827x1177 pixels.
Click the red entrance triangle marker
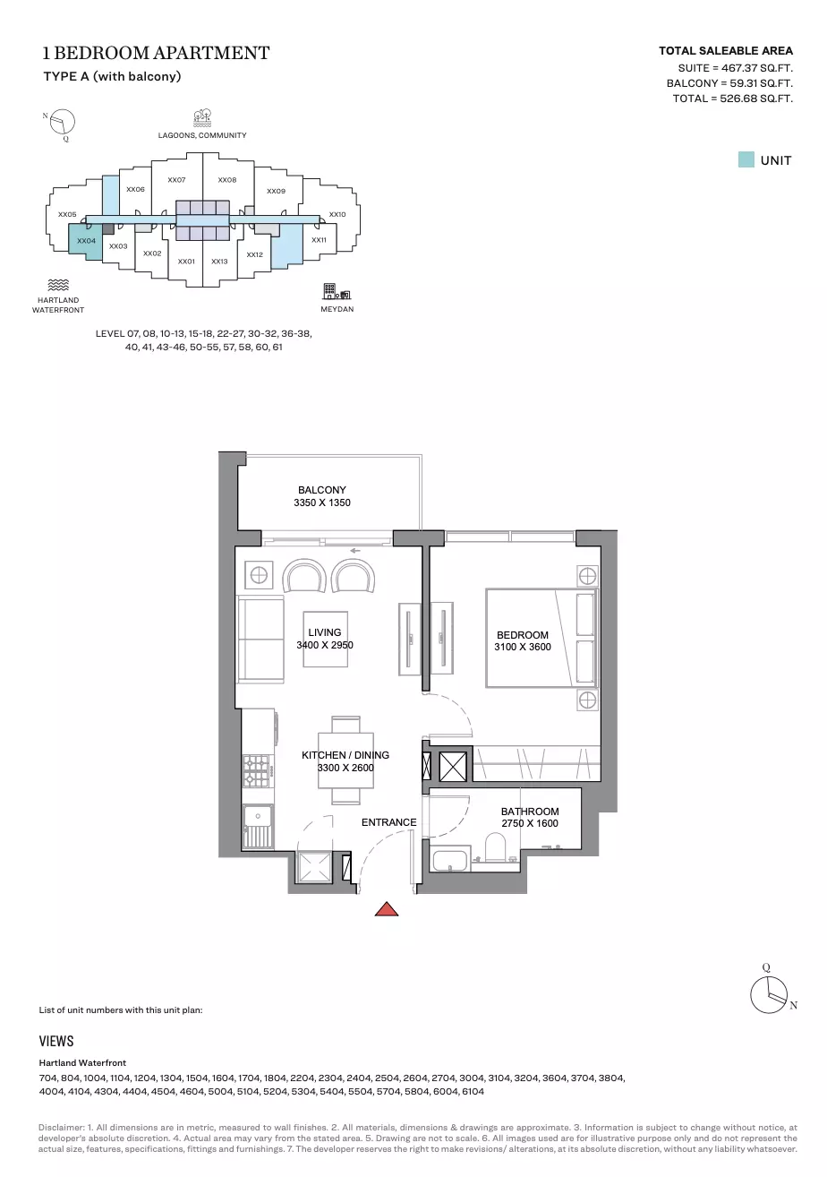click(387, 909)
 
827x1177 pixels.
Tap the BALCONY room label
click(322, 490)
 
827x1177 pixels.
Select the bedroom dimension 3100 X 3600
click(523, 648)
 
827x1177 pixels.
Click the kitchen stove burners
click(256, 770)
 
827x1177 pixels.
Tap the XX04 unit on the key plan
click(85, 241)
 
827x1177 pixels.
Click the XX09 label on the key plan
click(276, 192)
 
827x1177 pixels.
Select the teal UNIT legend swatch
click(746, 159)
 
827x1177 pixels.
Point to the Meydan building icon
click(337, 291)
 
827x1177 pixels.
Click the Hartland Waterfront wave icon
click(58, 285)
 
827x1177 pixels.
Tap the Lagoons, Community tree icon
click(202, 118)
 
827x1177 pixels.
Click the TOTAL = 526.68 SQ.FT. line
click(732, 99)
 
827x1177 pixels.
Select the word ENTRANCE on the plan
click(388, 822)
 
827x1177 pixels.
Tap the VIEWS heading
click(56, 1042)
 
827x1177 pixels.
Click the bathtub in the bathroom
click(449, 861)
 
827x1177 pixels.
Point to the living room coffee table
click(325, 640)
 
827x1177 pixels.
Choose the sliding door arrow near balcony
click(355, 551)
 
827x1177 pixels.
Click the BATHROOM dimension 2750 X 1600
click(529, 823)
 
